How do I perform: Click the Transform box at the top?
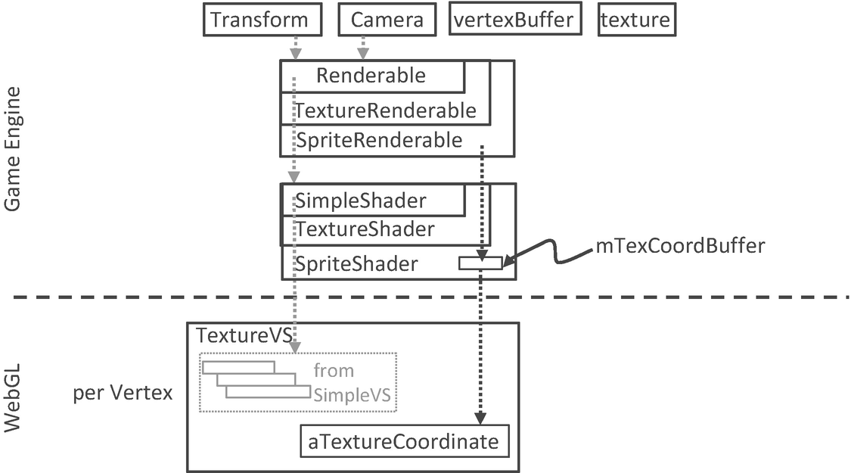click(259, 20)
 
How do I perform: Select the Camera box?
click(387, 20)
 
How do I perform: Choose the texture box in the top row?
click(635, 20)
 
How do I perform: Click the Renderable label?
click(371, 76)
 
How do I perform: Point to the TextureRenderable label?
click(386, 110)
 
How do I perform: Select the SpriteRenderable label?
click(379, 140)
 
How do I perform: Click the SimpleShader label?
click(361, 201)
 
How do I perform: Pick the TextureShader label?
click(365, 229)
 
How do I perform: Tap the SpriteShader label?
click(356, 264)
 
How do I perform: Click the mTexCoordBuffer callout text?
click(680, 246)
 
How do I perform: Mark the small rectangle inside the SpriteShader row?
click(480, 263)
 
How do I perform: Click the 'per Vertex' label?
click(123, 393)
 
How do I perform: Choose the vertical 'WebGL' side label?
click(12, 397)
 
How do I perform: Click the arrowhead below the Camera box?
click(362, 54)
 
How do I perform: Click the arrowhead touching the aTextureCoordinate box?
click(480, 419)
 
